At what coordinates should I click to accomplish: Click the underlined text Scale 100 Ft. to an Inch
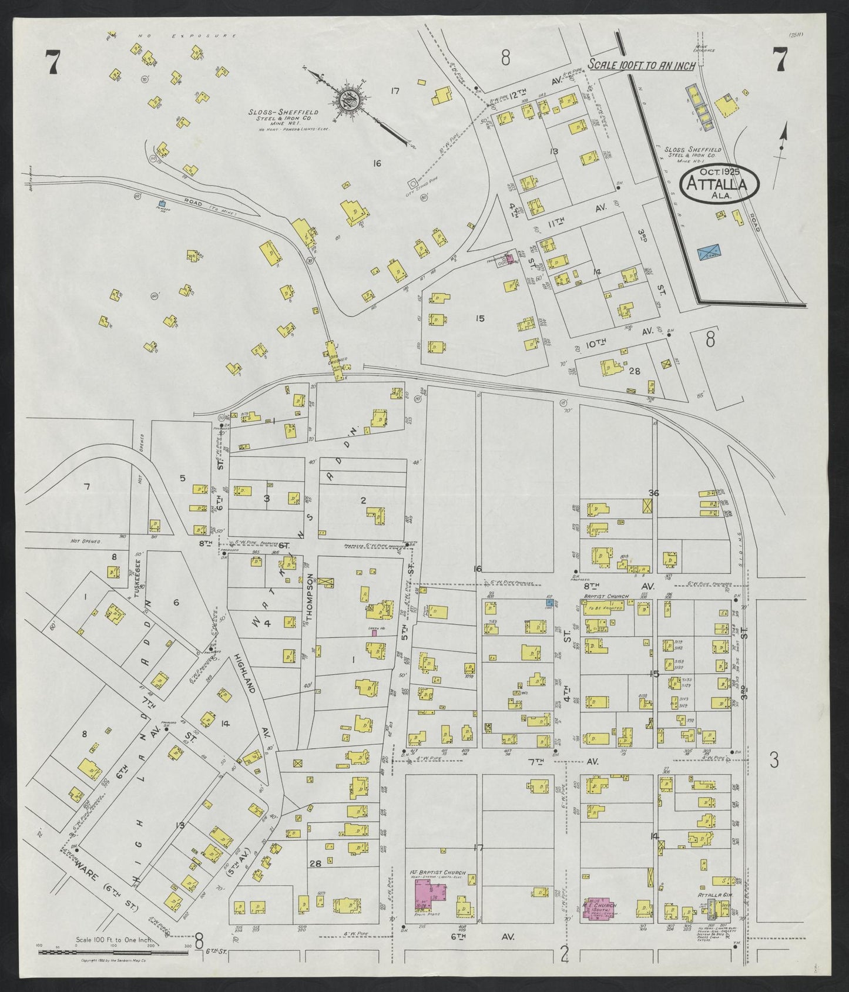point(642,66)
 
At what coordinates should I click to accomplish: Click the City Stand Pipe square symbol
point(412,183)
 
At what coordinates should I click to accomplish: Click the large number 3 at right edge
point(774,761)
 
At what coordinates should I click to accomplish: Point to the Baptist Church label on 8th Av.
point(605,596)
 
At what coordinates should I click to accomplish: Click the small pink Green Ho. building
point(373,633)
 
